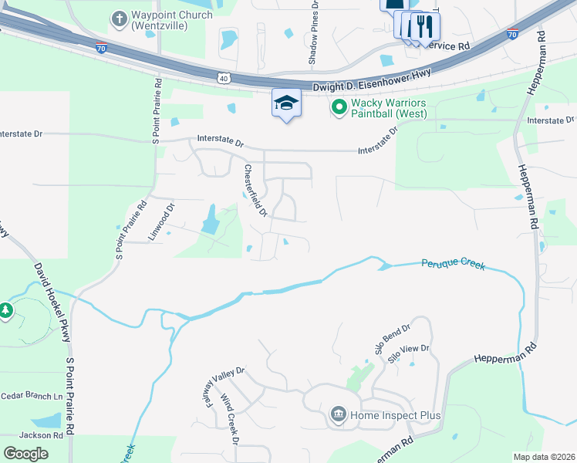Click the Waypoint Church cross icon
(120, 18)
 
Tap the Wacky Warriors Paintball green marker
(338, 106)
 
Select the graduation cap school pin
(286, 103)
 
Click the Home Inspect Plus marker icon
(338, 415)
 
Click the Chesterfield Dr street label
(255, 190)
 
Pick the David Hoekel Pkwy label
(52, 302)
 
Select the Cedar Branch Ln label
(32, 396)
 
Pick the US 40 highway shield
(223, 78)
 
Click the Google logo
(26, 454)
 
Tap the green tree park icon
(6, 311)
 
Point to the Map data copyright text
(545, 457)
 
